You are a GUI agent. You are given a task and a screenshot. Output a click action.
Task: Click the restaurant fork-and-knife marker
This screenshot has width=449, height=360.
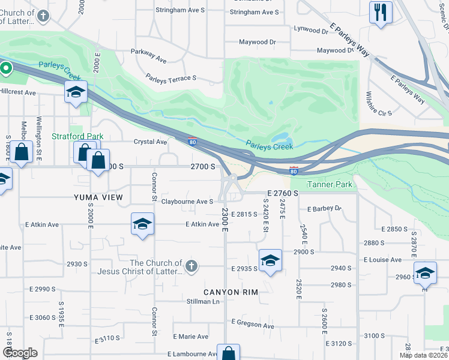click(381, 13)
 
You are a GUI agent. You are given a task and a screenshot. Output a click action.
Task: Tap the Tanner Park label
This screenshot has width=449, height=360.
click(330, 184)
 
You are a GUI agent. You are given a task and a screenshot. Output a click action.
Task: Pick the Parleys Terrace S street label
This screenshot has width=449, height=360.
click(171, 78)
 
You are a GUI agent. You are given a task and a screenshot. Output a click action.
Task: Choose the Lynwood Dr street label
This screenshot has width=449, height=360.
click(311, 29)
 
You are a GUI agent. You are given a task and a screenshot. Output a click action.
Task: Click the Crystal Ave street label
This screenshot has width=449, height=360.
click(150, 142)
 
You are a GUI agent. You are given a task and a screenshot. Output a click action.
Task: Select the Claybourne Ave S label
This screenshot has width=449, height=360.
click(187, 202)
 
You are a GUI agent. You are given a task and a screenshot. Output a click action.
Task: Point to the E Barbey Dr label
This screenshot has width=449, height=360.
click(324, 209)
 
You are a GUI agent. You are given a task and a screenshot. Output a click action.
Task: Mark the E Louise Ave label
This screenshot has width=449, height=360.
click(382, 259)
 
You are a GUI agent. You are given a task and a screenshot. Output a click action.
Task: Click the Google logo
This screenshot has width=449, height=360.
click(20, 353)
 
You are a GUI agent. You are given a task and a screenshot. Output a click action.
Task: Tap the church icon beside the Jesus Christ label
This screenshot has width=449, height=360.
click(191, 266)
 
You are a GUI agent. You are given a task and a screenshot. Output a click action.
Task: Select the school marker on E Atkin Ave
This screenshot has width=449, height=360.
click(142, 224)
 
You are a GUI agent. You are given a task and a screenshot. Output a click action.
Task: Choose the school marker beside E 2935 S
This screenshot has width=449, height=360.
click(270, 260)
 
